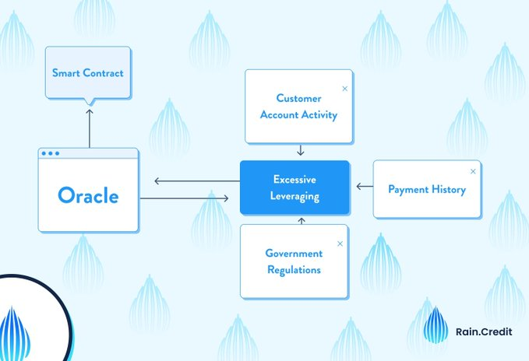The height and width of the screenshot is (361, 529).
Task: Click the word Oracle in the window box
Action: pos(88,195)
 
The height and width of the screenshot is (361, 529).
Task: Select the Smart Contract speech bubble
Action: pos(88,73)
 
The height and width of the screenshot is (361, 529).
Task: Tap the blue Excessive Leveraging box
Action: pos(294,188)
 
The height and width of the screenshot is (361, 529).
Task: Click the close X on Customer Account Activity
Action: pos(344,89)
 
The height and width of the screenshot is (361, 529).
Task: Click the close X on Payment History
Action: pos(472,171)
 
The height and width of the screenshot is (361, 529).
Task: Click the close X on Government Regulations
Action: pos(340,244)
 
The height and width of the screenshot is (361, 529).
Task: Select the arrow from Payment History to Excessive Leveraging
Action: pos(364,187)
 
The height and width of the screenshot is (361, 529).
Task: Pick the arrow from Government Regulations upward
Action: pos(301,222)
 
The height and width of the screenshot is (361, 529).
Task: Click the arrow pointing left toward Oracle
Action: pos(192,181)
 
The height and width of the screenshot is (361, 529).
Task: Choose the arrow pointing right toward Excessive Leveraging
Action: pos(185,199)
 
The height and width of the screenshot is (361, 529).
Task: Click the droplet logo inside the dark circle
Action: pos(16,331)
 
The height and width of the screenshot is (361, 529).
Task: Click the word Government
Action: pos(293,254)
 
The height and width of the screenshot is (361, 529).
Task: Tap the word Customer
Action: pos(299,98)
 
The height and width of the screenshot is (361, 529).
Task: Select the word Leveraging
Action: pos(294,196)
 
